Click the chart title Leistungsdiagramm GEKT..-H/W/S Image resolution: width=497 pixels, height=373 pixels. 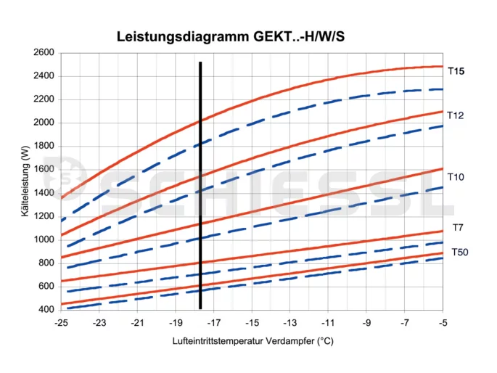[x=231, y=36]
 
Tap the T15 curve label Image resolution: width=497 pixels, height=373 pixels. [x=456, y=71]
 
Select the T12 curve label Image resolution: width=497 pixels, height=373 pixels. [x=456, y=115]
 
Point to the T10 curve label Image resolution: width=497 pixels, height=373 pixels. [x=456, y=177]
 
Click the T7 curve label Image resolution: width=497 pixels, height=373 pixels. [x=458, y=228]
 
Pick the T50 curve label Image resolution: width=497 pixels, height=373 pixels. [x=460, y=253]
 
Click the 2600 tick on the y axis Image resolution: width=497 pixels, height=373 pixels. [x=44, y=53]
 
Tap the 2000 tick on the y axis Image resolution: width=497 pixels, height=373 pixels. [x=44, y=123]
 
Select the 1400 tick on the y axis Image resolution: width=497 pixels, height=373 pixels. [x=44, y=193]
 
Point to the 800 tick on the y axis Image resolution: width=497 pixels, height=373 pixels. [x=45, y=263]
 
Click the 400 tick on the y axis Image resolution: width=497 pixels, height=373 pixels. [x=45, y=310]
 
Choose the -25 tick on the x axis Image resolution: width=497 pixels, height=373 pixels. [x=62, y=322]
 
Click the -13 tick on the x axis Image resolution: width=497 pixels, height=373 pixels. [x=290, y=322]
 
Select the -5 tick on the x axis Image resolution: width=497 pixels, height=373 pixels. [x=443, y=322]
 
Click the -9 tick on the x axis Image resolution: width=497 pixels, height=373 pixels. [x=366, y=322]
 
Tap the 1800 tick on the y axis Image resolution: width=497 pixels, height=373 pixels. [x=44, y=146]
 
